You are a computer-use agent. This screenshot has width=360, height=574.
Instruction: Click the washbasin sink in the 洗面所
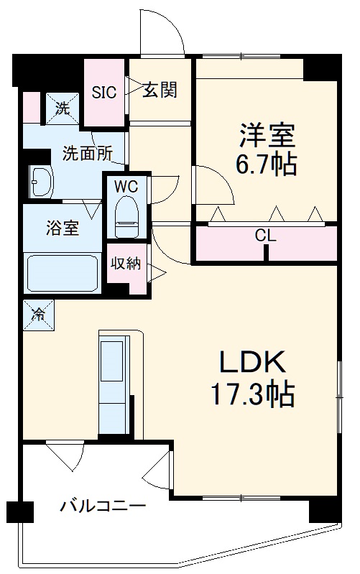tap(42, 183)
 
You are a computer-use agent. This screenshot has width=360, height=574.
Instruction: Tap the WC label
tap(126, 185)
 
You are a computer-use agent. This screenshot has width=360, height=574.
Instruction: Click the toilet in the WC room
tap(127, 215)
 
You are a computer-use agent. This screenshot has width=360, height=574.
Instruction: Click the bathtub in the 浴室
tap(63, 273)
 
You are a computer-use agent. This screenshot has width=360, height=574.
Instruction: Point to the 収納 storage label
tap(126, 263)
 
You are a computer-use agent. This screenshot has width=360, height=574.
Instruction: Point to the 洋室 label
tap(267, 134)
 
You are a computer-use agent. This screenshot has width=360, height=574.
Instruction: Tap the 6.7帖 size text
tap(266, 165)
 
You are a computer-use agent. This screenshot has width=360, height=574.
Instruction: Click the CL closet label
tap(265, 235)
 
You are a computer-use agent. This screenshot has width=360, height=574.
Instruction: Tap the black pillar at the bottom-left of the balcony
tap(21, 511)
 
